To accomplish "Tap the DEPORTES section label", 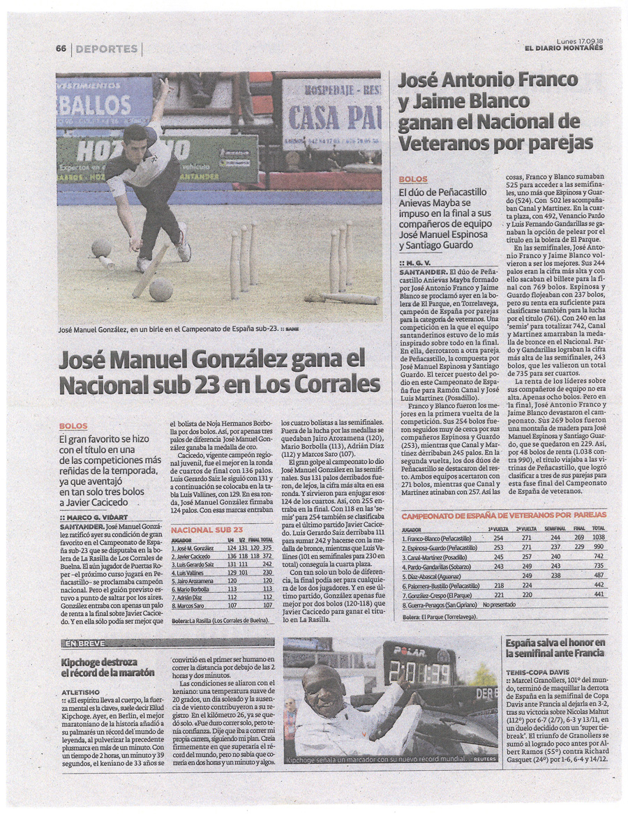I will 106,49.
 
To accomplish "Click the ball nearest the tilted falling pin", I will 160,289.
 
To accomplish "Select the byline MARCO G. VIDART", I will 95,517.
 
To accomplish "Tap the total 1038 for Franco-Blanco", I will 597,538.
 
